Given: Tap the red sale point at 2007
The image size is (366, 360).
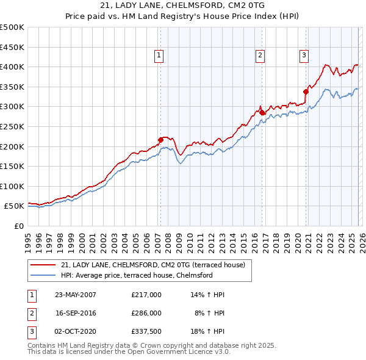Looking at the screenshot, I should [160, 140].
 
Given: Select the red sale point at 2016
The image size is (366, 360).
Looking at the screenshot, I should [261, 112].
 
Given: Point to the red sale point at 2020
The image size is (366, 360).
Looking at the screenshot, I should [305, 92].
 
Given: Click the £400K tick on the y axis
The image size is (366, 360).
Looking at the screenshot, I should [12, 67].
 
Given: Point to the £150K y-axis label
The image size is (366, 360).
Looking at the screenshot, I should [12, 166].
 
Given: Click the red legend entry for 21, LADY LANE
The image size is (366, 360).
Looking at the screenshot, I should [152, 265].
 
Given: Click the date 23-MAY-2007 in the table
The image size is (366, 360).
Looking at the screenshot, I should [76, 295].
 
